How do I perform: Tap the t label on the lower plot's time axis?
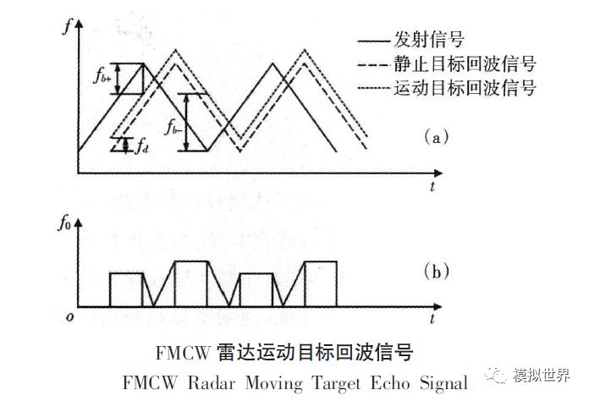coord(432,320)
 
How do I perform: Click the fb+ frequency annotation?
coord(102,79)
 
